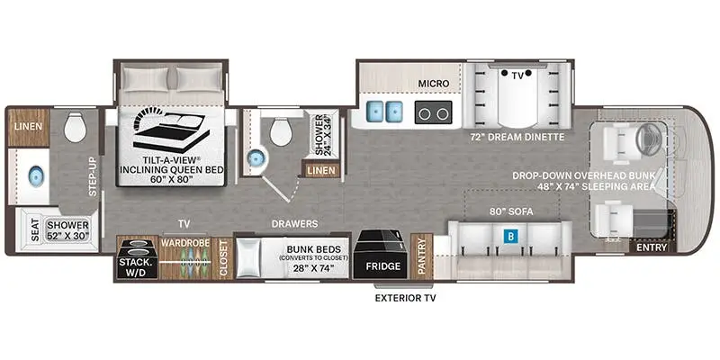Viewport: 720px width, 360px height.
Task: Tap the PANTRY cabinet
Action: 421,257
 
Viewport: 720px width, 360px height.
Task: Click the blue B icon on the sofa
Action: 510,238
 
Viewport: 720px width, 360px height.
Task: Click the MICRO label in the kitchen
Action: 434,84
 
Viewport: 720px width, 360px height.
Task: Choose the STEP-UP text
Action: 92,173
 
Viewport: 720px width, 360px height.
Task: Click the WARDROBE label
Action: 184,241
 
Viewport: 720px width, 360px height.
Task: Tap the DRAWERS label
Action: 295,223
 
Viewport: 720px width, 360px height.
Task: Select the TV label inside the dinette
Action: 517,77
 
